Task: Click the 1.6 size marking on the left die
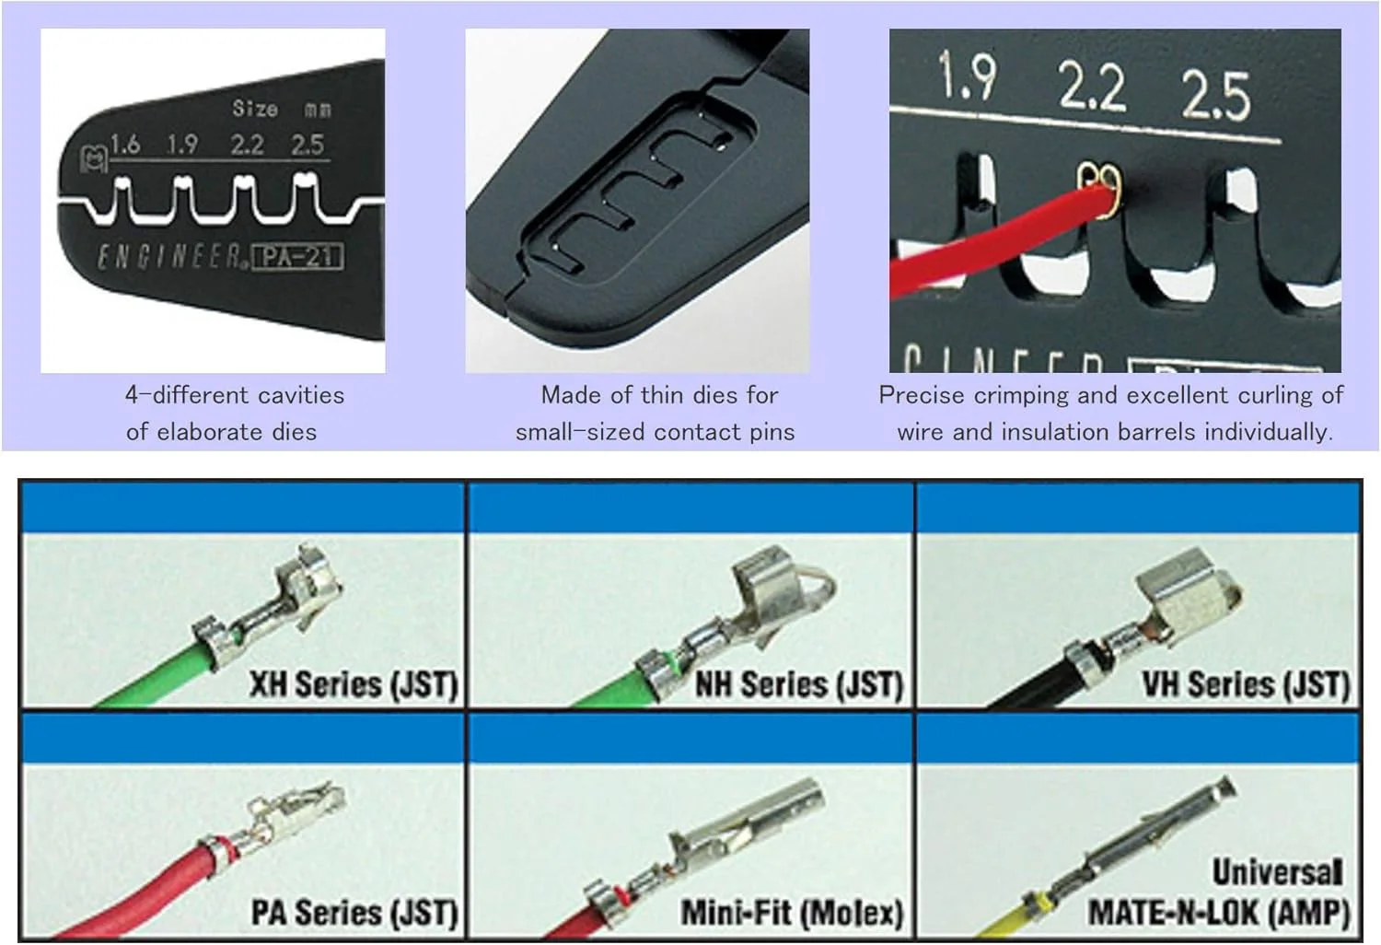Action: (125, 145)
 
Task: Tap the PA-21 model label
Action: (297, 257)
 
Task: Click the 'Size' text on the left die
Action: (255, 109)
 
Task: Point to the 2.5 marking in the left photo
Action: (307, 145)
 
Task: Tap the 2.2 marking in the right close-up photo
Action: (1091, 87)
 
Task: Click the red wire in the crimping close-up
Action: (999, 240)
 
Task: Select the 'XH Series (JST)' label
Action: (354, 684)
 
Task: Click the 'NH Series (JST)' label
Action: (799, 684)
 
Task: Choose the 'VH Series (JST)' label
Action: (1246, 684)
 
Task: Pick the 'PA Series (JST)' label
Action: (354, 913)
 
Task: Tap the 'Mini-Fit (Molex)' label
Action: (792, 913)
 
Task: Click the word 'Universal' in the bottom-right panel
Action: (1277, 871)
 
